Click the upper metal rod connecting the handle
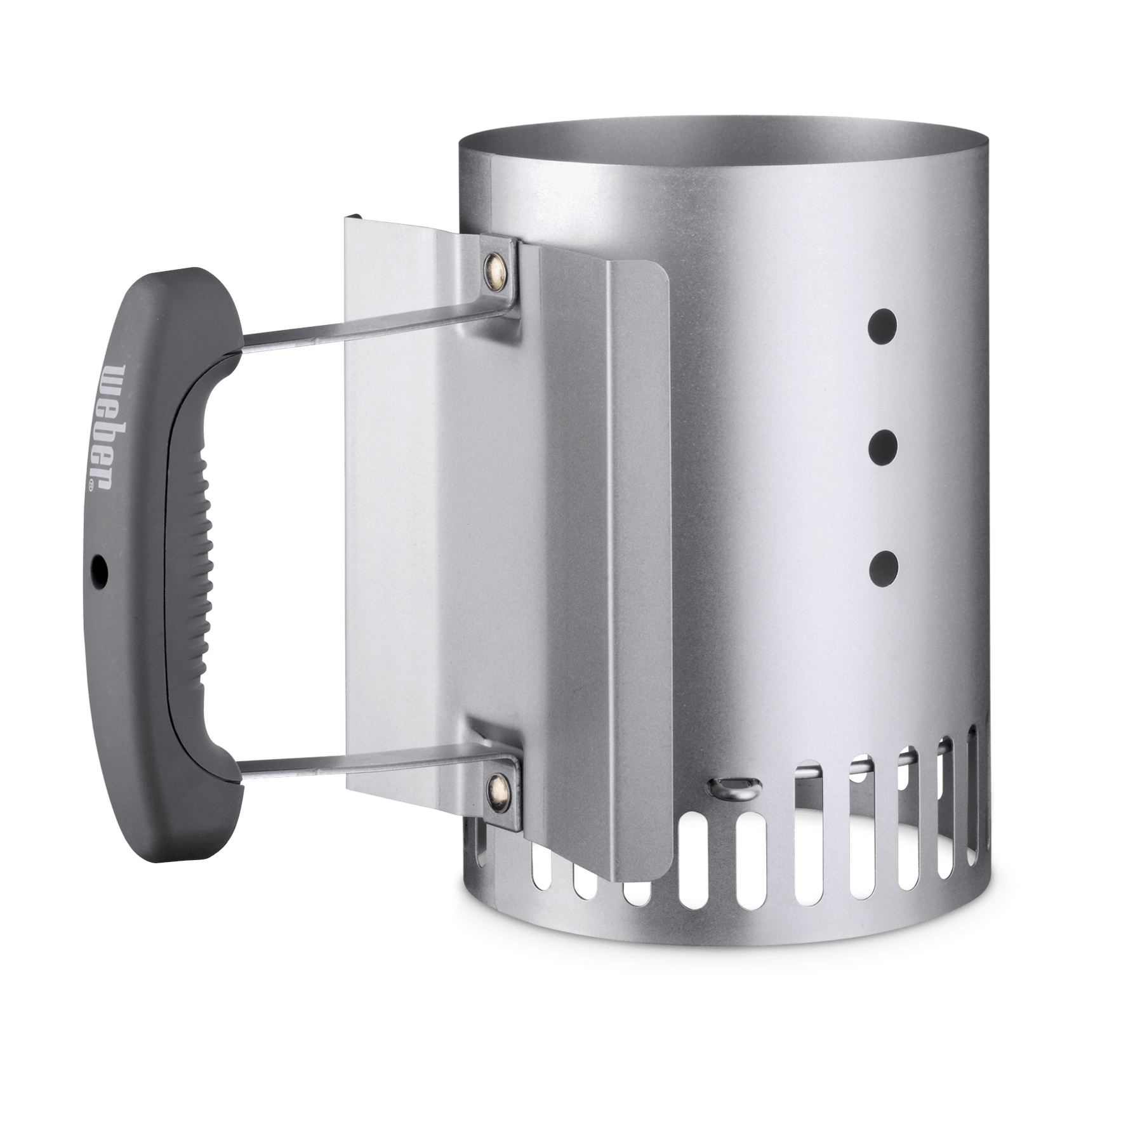coord(374,328)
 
